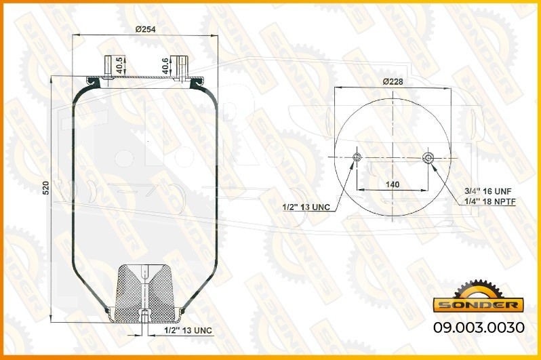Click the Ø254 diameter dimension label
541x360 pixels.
[x=145, y=29]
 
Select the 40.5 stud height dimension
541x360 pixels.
[x=119, y=65]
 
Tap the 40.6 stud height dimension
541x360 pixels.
[x=166, y=66]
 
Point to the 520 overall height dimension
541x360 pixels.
[x=45, y=188]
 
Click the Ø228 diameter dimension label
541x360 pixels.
[x=393, y=82]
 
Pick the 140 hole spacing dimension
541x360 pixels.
[x=393, y=184]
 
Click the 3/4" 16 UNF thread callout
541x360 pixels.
[x=488, y=191]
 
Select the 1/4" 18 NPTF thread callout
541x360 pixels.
[x=490, y=202]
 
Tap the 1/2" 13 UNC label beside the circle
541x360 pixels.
[x=306, y=207]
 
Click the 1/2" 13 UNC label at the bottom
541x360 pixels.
[x=188, y=330]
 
